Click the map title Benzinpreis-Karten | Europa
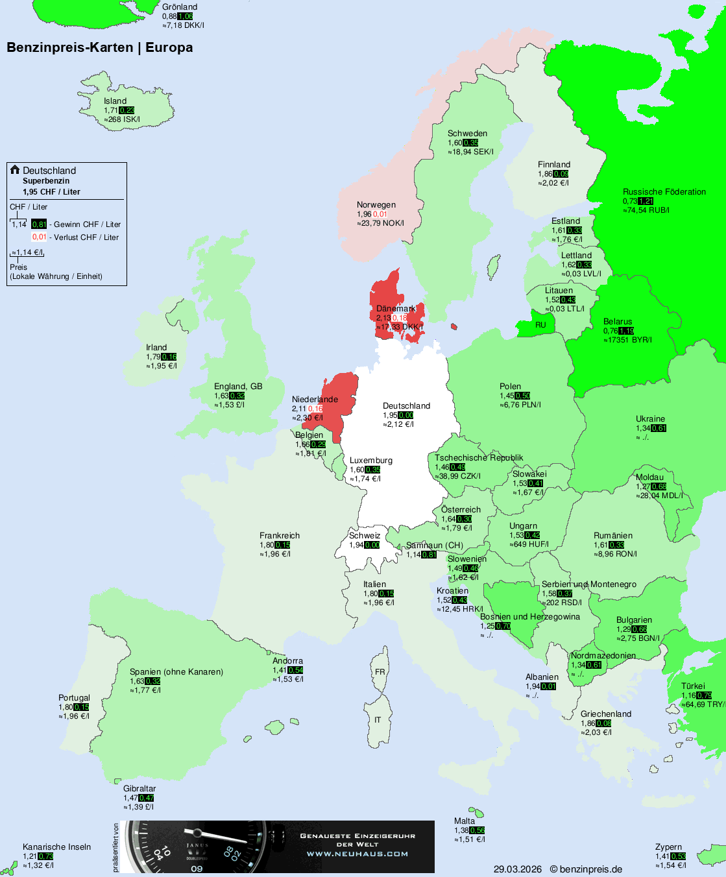click(x=99, y=47)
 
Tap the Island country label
click(x=115, y=101)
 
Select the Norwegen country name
click(x=376, y=204)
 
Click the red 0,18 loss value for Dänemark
click(x=400, y=318)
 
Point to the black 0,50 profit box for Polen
click(x=523, y=396)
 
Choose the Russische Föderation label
click(x=664, y=191)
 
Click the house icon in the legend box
click(x=15, y=170)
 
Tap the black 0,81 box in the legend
click(x=39, y=224)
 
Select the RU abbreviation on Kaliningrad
click(x=540, y=325)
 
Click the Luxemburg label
click(x=370, y=460)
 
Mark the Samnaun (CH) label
click(x=434, y=545)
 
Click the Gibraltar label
click(x=139, y=788)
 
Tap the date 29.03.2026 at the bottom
click(x=517, y=869)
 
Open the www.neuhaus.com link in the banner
click(x=357, y=854)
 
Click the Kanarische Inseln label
click(x=56, y=847)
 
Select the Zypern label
click(x=668, y=847)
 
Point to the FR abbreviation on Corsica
click(x=380, y=671)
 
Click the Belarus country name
click(x=617, y=321)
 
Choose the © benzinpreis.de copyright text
click(x=586, y=869)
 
